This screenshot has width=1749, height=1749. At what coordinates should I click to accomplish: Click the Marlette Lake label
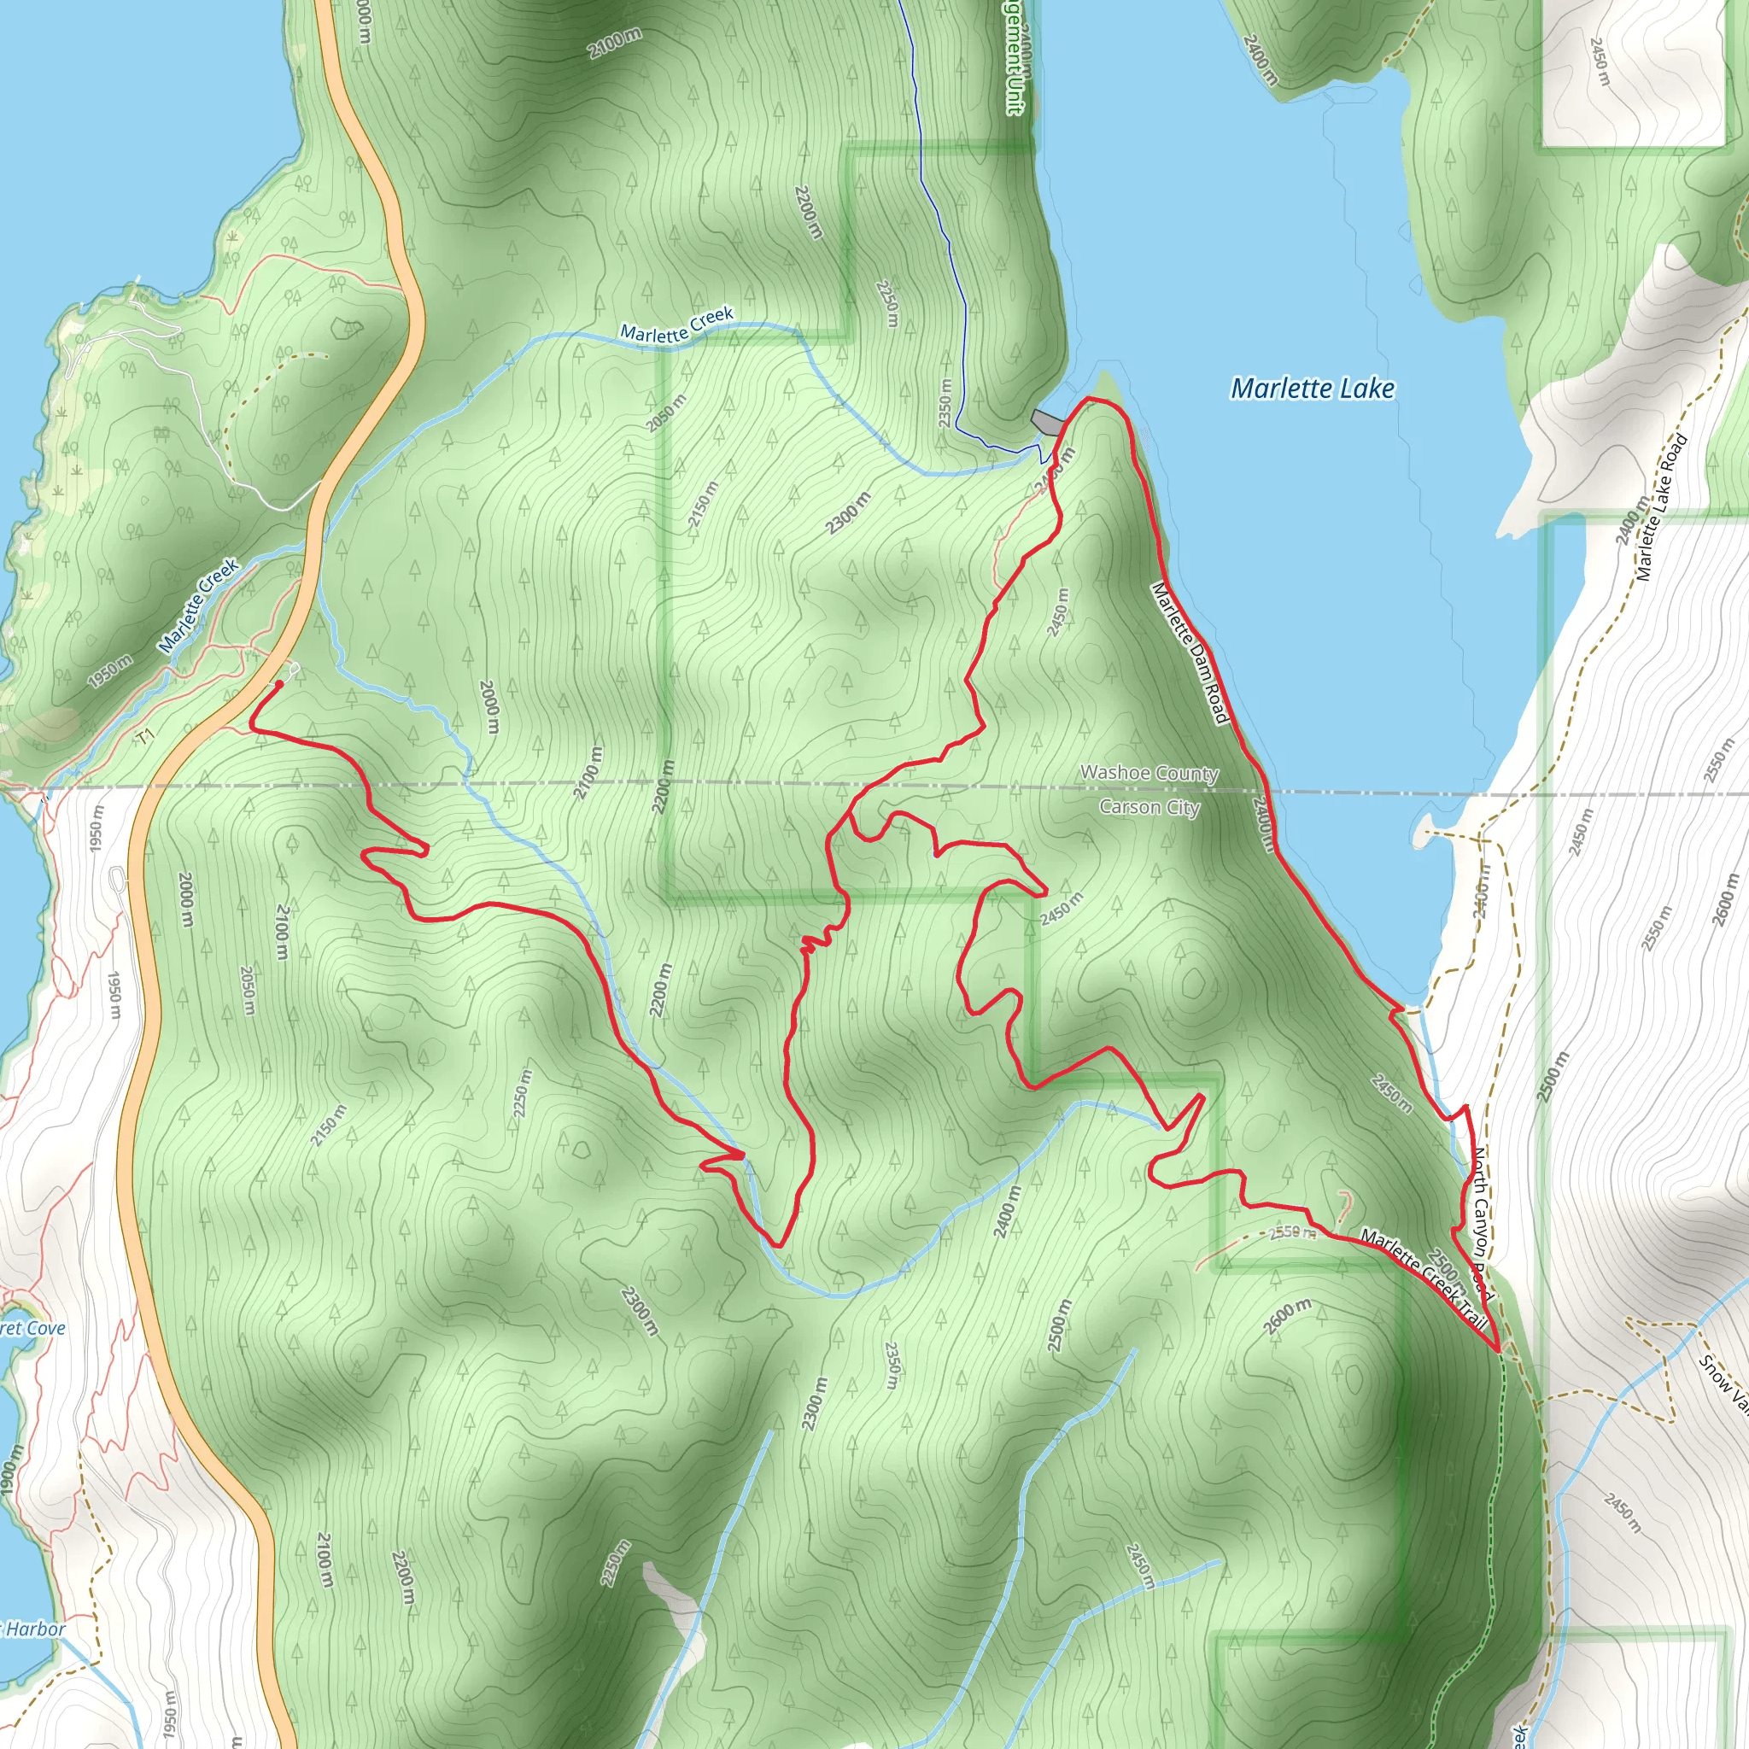pos(1312,389)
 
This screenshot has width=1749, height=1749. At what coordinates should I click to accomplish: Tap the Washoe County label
pos(1149,773)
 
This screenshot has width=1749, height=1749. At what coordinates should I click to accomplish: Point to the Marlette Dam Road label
pos(1190,652)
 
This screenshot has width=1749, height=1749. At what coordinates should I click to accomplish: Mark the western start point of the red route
pos(278,684)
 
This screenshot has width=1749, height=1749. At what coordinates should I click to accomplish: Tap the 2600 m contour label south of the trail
pos(1287,1316)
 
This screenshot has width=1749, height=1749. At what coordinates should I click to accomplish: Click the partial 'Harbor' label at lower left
pos(34,1629)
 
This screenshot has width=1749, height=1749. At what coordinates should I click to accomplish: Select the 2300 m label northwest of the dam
pos(849,512)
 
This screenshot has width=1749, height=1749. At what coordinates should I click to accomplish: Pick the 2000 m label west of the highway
pos(185,900)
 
